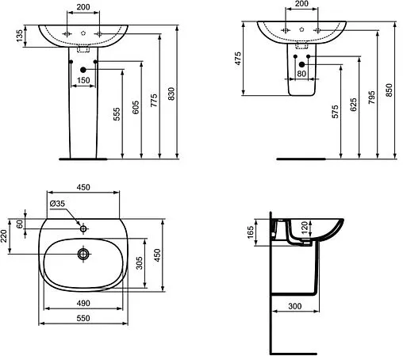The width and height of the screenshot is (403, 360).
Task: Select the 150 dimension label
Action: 83,80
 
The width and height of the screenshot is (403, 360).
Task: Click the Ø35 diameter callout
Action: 57,204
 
